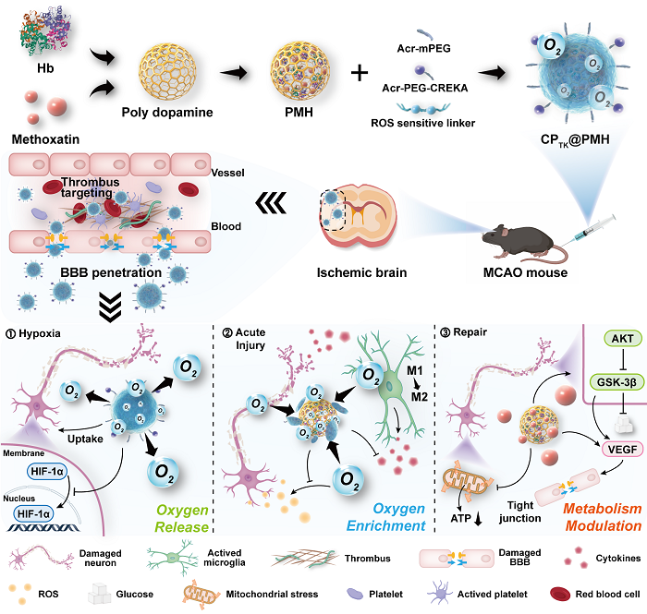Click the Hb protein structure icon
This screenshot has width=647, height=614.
(40, 36)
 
